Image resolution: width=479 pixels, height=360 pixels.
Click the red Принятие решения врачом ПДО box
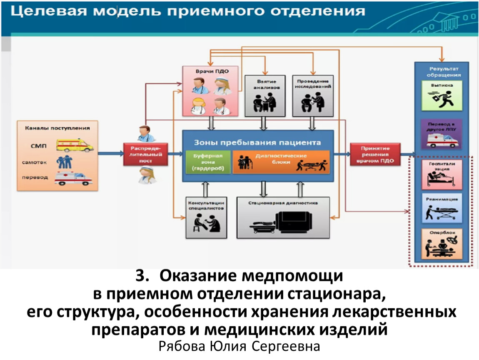(x=375, y=155)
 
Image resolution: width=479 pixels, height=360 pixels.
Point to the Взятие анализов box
(x=264, y=95)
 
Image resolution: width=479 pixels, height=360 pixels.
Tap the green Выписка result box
(x=442, y=95)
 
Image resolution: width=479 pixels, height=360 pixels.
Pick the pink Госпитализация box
(x=442, y=173)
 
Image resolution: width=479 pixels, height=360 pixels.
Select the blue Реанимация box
(x=442, y=208)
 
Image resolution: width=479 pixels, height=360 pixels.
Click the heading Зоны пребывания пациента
(x=257, y=142)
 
